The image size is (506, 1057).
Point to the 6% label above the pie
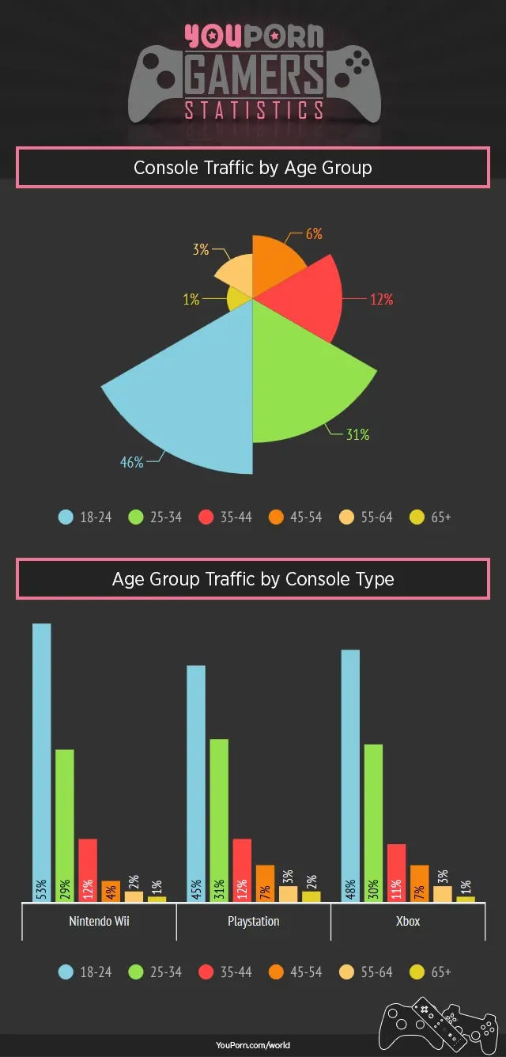314,234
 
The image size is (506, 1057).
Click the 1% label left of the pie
191,300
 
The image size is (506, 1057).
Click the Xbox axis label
408,921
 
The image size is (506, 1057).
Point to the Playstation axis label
253,921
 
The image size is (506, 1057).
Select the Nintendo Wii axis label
99,921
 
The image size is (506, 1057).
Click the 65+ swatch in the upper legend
417,517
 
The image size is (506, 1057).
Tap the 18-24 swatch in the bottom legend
66,972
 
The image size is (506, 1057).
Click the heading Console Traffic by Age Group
253,168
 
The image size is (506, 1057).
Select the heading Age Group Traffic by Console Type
253,579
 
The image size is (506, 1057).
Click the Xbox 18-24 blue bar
350,760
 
